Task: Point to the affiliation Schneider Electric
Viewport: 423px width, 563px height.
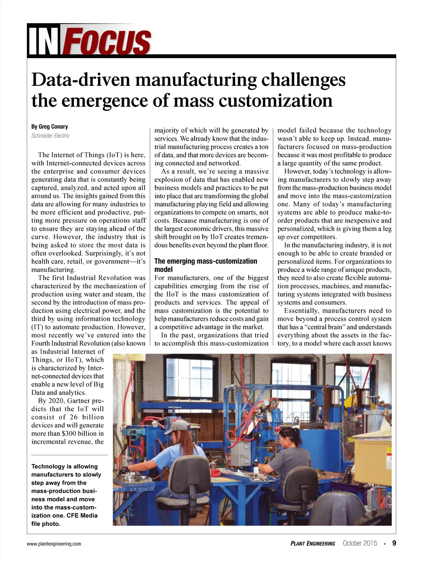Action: pos(50,136)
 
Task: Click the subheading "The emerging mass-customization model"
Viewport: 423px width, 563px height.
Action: pos(205,265)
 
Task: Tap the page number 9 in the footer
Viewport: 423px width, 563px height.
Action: pos(394,543)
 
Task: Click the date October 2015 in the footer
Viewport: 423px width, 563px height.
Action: pos(360,543)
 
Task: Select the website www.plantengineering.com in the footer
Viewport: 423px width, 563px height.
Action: pos(54,544)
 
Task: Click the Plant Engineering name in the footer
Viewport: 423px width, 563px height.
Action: pos(313,544)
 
